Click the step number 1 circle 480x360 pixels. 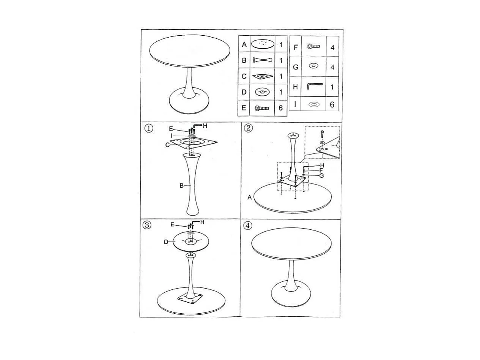click(x=149, y=128)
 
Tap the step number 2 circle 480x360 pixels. click(x=248, y=128)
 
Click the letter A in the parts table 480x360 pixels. click(x=244, y=44)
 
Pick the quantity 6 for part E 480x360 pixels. click(x=281, y=108)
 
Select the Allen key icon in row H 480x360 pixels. click(x=314, y=86)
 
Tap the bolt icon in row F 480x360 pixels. click(x=313, y=46)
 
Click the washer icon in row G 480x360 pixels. click(x=313, y=66)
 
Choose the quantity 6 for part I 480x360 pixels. click(x=332, y=104)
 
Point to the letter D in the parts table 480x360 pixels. click(x=244, y=92)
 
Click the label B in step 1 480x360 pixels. click(x=181, y=185)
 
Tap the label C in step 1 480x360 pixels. click(x=167, y=145)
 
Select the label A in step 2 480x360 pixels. click(x=249, y=197)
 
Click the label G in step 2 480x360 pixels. click(x=321, y=175)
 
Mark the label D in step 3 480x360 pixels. click(x=166, y=242)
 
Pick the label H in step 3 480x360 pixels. click(x=202, y=222)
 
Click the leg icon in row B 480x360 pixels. click(x=263, y=60)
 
